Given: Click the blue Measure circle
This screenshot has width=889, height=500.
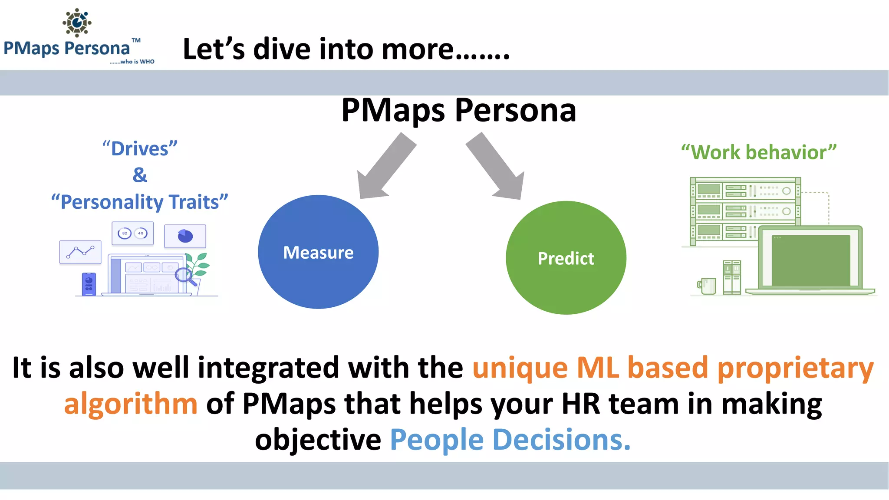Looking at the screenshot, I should point(318,252).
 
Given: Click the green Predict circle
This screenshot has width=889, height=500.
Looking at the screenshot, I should point(566,258).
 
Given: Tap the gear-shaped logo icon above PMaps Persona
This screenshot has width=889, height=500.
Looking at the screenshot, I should point(77,22).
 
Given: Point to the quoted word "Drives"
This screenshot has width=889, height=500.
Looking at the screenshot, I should point(140,148).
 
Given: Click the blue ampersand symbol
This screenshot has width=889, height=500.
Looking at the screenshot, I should point(140,175).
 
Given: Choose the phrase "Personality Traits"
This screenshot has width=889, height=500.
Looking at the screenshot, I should point(140,202).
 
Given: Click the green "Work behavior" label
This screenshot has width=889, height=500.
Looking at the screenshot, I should point(758,152).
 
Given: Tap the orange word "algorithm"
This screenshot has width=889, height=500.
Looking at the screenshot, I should point(131,404).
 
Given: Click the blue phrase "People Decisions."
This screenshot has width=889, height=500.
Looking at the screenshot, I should point(510,440).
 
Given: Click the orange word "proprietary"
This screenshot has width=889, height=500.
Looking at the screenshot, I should point(795,368).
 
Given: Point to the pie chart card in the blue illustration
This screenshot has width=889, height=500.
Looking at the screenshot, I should point(185,236).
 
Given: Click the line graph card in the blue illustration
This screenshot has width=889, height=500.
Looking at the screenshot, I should point(80,252).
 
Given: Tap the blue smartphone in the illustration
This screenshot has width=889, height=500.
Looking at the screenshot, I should point(89,284).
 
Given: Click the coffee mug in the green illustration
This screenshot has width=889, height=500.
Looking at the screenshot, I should point(707,286).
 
